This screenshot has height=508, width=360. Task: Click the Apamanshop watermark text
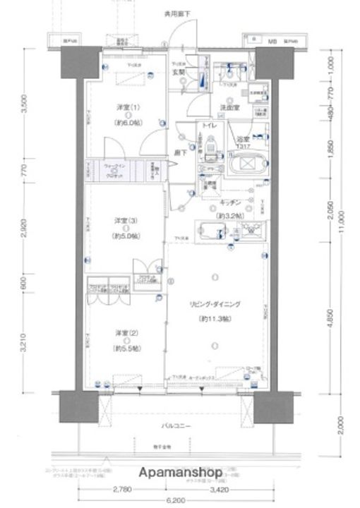181,471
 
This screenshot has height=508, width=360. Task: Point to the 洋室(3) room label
124,221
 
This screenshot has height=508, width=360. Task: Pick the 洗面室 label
230,107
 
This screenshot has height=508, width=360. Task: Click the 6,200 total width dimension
180,500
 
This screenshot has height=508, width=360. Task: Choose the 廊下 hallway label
181,152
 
